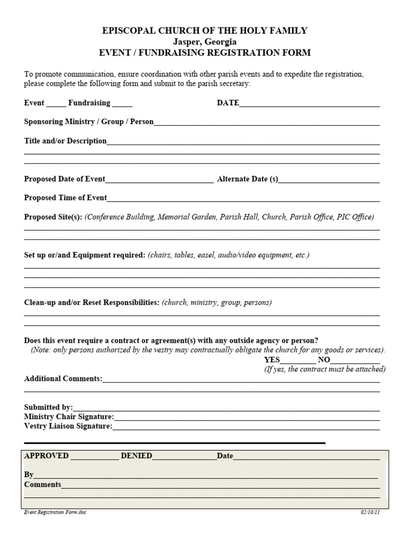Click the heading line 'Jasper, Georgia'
tap(204, 42)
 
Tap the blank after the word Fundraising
tap(122, 103)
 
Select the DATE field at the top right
tap(310, 103)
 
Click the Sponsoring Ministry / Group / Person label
tap(89, 122)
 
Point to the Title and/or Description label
tap(65, 141)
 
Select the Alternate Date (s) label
tap(248, 179)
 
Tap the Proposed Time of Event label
tap(65, 198)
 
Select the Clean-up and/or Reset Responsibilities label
tap(91, 302)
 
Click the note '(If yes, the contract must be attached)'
tap(325, 369)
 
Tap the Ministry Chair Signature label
tap(69, 416)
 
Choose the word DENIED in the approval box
tap(136, 456)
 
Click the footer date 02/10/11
tap(369, 512)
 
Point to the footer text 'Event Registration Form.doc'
tap(55, 512)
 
